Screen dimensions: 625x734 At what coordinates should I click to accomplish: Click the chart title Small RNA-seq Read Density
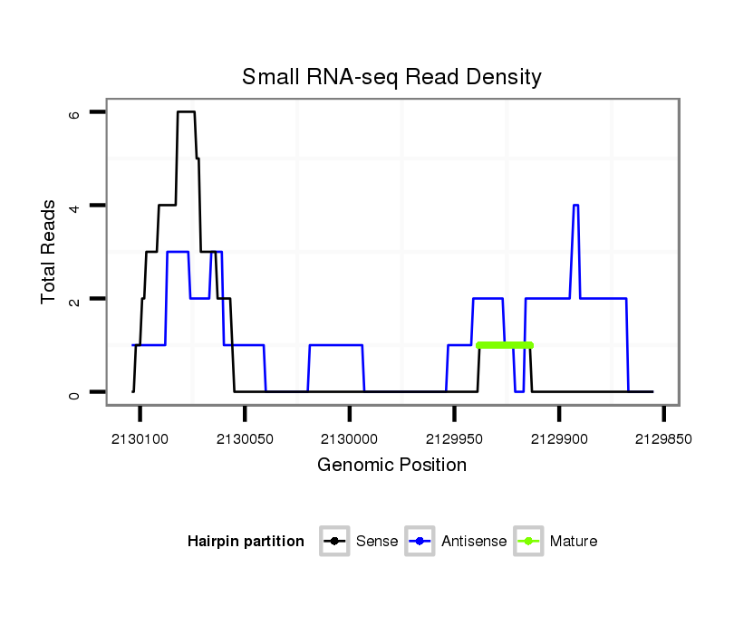(x=391, y=77)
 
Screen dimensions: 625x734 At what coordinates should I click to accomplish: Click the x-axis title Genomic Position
(x=391, y=466)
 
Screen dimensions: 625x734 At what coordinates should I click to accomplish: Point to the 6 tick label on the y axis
(x=74, y=114)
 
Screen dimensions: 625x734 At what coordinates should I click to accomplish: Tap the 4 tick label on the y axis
(x=74, y=207)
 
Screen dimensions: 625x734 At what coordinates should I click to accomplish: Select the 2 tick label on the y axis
(x=74, y=300)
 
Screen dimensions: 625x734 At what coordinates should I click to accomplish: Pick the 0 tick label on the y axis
(x=74, y=394)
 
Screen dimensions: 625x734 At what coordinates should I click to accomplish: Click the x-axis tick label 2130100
(x=140, y=438)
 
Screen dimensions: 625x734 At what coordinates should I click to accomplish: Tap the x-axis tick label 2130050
(x=245, y=438)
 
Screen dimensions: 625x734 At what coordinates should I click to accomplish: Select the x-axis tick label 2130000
(x=349, y=438)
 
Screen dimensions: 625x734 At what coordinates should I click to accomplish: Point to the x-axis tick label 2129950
(x=454, y=438)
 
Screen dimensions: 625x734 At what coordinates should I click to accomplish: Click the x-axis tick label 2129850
(x=663, y=438)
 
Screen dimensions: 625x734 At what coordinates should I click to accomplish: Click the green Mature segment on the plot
(x=505, y=345)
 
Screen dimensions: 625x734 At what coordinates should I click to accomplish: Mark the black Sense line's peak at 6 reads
(x=186, y=112)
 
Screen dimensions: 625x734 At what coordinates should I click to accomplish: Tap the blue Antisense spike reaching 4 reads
(x=575, y=207)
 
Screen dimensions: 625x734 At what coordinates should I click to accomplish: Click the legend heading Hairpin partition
(x=246, y=542)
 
